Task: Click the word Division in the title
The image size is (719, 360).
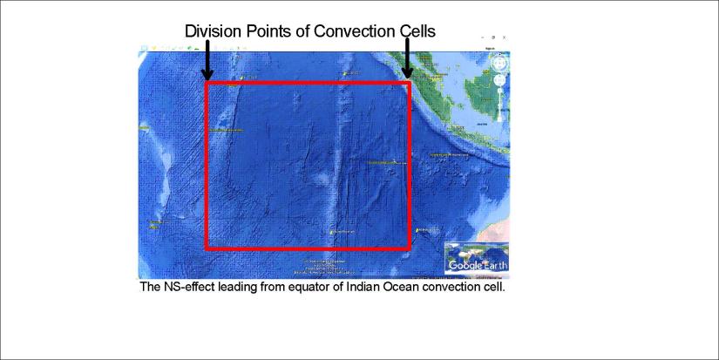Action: click(x=213, y=31)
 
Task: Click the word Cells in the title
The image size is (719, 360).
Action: click(x=415, y=31)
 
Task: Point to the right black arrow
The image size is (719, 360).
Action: click(x=407, y=59)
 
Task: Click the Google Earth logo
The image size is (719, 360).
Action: click(x=477, y=264)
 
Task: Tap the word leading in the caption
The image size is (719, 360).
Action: click(x=241, y=286)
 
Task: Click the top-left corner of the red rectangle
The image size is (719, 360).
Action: click(x=206, y=84)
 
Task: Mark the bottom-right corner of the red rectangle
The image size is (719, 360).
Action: click(x=410, y=248)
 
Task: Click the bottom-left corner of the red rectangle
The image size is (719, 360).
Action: click(x=206, y=248)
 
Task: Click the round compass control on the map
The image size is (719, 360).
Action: click(x=499, y=64)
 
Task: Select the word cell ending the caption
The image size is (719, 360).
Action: click(x=493, y=286)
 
